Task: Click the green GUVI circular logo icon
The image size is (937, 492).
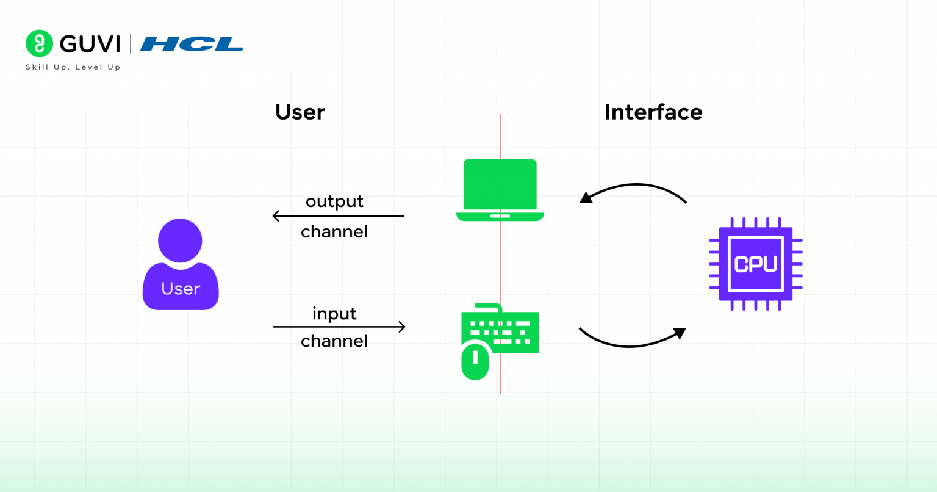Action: coord(39,43)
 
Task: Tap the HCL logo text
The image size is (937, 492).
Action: coord(192,44)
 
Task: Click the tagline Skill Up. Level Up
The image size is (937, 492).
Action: coord(73,67)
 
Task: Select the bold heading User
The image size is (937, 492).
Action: coord(300,112)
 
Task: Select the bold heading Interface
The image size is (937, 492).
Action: coord(653,112)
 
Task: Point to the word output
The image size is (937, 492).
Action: coord(334,201)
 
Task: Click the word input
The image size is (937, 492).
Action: coord(334,314)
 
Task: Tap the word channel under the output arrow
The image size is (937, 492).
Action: coord(334,232)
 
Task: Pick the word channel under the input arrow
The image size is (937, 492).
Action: coord(334,341)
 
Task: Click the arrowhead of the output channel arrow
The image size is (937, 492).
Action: coord(276,216)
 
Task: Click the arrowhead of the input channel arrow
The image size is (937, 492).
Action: coord(402,327)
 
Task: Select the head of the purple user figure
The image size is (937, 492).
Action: coord(180,241)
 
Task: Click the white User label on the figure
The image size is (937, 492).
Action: coord(181,289)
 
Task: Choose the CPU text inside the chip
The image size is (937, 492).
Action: coord(755,264)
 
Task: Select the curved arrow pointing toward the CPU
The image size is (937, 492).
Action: coord(631,344)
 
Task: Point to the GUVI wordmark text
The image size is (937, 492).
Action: coord(90,44)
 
